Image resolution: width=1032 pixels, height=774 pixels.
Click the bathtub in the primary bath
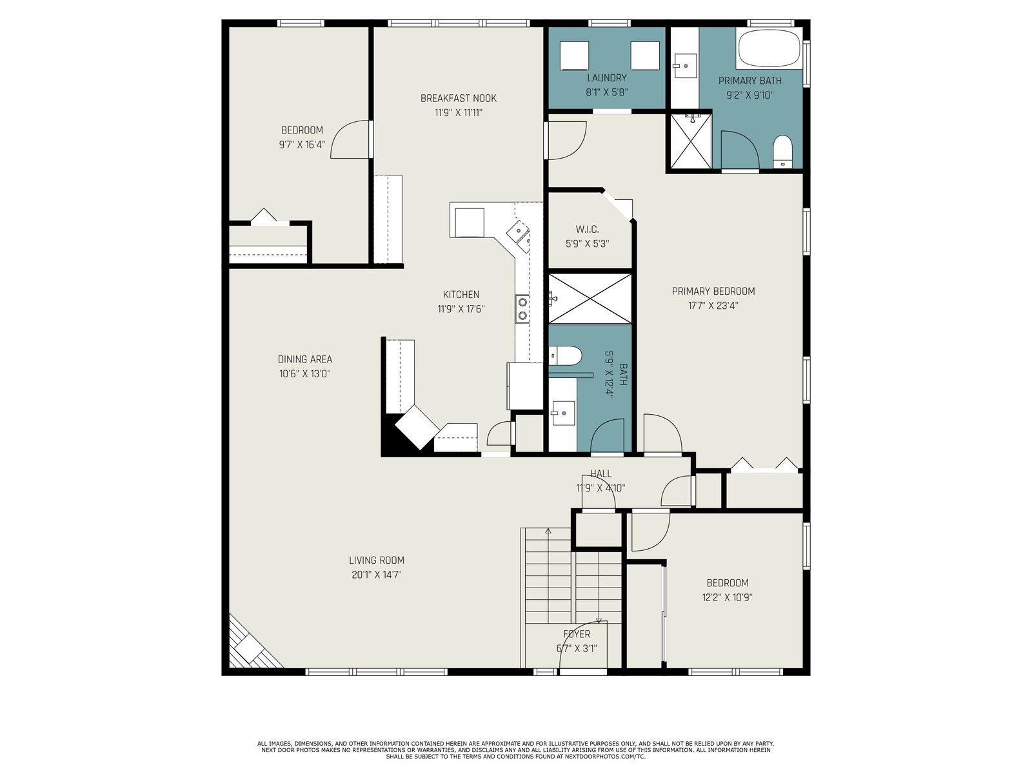[769, 48]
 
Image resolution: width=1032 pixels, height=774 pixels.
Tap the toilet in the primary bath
[782, 152]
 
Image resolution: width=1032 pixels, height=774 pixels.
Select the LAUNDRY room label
[606, 78]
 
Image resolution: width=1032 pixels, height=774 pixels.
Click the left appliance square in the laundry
[574, 55]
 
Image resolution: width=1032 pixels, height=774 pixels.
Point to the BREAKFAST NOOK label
[459, 98]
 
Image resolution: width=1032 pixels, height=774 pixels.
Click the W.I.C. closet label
[587, 230]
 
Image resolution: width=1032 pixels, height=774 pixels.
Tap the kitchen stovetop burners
[522, 309]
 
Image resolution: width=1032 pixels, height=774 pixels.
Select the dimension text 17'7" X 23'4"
[713, 306]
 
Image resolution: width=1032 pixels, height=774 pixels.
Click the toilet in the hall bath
[566, 356]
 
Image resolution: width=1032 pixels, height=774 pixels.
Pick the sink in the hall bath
[563, 413]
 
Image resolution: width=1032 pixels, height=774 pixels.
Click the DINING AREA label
[305, 359]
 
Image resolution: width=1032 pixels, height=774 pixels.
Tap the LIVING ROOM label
[377, 560]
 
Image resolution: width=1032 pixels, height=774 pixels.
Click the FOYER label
[577, 634]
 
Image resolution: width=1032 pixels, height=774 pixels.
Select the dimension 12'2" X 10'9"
[728, 597]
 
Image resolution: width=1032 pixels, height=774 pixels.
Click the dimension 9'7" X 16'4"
[303, 144]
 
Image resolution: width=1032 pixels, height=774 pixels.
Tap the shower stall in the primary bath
[691, 141]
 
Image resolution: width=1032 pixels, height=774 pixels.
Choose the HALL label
[601, 473]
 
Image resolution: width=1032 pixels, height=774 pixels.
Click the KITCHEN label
[461, 295]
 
